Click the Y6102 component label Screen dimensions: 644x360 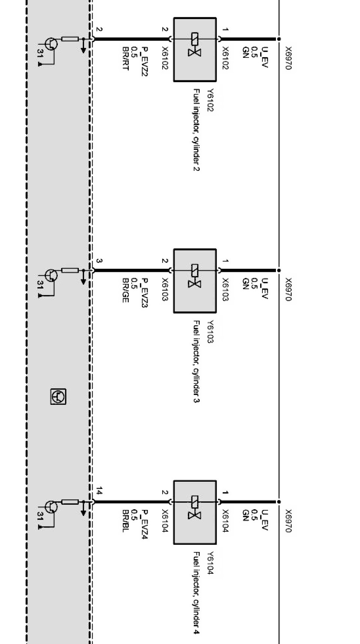pos(210,100)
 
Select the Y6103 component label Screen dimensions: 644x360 pos(210,331)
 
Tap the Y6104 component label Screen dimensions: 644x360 pos(210,563)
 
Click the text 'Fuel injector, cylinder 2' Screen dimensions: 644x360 pos(196,130)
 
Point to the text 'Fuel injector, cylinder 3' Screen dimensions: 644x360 pos(196,361)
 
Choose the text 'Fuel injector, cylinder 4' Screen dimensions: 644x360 pos(196,593)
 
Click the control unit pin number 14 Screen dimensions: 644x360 pos(99,491)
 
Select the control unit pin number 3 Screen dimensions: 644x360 pos(99,261)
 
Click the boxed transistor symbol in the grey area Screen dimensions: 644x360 pos(58,397)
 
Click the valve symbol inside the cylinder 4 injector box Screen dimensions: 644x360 pos(194,508)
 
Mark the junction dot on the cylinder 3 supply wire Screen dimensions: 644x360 pos(279,270)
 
